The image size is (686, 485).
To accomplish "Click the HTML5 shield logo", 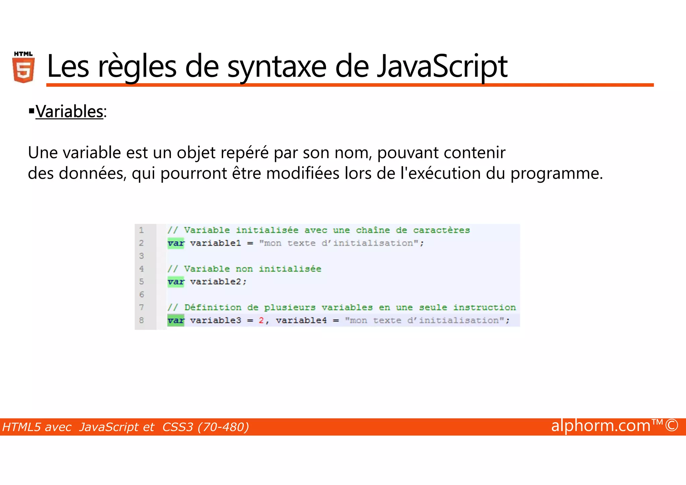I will pyautogui.click(x=23, y=68).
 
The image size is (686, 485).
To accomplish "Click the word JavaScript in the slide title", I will pyautogui.click(x=442, y=66).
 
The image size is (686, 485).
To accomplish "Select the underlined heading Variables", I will pyautogui.click(x=69, y=112).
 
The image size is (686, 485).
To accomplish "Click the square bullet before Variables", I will pyautogui.click(x=31, y=110).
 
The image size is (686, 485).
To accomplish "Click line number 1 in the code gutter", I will pyautogui.click(x=141, y=230).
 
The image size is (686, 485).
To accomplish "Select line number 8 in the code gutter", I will pyautogui.click(x=141, y=320).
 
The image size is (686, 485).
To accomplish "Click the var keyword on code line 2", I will pyautogui.click(x=176, y=243).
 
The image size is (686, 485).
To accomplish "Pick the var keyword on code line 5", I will pyautogui.click(x=176, y=282).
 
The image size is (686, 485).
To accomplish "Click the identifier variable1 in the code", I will pyautogui.click(x=215, y=243).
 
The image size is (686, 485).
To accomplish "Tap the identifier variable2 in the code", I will pyautogui.click(x=215, y=282).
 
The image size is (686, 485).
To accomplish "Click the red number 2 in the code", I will pyautogui.click(x=261, y=320).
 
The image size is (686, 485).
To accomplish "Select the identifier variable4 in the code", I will pyautogui.click(x=301, y=320).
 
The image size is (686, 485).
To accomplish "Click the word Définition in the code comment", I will pyautogui.click(x=213, y=308).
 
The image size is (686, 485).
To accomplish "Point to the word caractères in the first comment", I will pyautogui.click(x=441, y=230).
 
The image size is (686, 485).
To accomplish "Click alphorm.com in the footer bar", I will pyautogui.click(x=601, y=426).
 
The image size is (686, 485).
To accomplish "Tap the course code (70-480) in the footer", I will pyautogui.click(x=223, y=427).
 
